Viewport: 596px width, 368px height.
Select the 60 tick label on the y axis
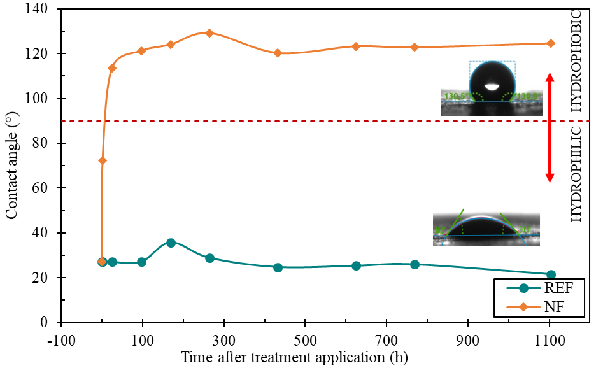[x=45, y=188]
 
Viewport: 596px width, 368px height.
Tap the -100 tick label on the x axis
[x=61, y=336]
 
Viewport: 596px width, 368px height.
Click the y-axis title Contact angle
[x=12, y=166]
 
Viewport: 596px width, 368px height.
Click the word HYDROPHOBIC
[x=576, y=60]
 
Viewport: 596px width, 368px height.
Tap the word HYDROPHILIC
[x=576, y=174]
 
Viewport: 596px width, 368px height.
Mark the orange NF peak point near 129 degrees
[x=209, y=33]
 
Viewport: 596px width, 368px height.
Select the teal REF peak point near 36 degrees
[x=171, y=243]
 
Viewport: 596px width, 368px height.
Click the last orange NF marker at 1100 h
[x=551, y=43]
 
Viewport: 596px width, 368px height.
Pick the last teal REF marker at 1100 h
[x=551, y=274]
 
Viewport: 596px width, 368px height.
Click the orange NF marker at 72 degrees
[x=103, y=160]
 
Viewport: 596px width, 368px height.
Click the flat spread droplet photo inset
[x=486, y=228]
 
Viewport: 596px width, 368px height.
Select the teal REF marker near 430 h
[x=278, y=267]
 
